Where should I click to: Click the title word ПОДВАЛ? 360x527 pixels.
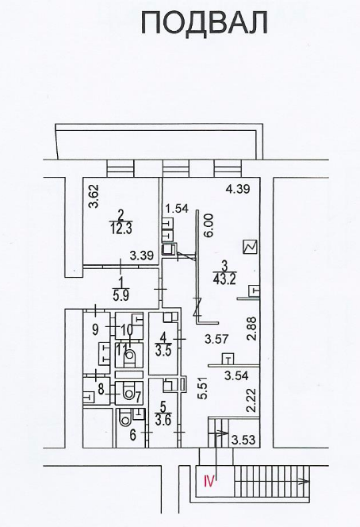[x=204, y=22]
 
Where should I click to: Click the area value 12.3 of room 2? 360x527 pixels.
[x=121, y=229]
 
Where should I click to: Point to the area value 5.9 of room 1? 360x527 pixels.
[x=121, y=295]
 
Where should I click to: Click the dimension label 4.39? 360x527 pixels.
[x=238, y=189]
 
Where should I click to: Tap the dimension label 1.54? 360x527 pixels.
[x=177, y=209]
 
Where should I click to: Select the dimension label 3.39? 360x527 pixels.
[x=142, y=256]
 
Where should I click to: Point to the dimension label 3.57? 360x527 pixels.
[x=216, y=339]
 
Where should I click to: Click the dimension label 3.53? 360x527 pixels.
[x=244, y=439]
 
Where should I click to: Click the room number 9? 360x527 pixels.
[x=95, y=329]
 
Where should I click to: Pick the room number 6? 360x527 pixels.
[x=132, y=436]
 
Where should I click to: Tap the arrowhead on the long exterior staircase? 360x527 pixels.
[x=305, y=482]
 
